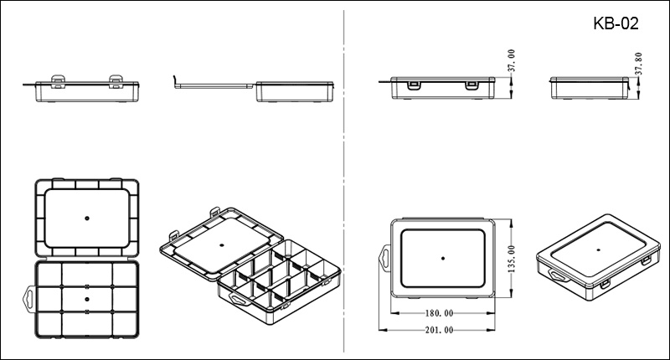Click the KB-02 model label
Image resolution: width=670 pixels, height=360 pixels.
click(x=616, y=23)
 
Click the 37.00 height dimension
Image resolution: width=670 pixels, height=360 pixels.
click(x=511, y=60)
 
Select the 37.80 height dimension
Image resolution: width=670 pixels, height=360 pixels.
click(x=638, y=64)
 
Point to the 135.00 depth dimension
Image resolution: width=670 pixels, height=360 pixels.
click(x=512, y=259)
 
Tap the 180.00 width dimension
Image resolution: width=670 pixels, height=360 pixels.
click(x=439, y=313)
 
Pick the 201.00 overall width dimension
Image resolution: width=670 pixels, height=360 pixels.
click(x=439, y=330)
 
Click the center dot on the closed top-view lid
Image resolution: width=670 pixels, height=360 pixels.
click(x=443, y=259)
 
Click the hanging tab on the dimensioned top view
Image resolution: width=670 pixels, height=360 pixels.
click(x=384, y=259)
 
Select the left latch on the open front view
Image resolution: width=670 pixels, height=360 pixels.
click(x=58, y=81)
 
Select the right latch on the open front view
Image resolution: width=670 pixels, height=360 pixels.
click(x=116, y=81)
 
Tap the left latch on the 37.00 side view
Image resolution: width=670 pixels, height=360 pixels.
click(x=413, y=85)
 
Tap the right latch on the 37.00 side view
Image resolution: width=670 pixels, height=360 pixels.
click(x=472, y=85)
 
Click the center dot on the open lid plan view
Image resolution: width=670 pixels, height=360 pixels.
click(x=87, y=219)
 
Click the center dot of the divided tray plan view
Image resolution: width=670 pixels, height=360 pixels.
click(x=87, y=299)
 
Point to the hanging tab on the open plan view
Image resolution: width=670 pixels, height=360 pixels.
click(x=28, y=299)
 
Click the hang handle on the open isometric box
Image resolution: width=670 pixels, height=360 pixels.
click(x=240, y=299)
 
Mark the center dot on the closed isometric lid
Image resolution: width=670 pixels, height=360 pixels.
click(x=598, y=249)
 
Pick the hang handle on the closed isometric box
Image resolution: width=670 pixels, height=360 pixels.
click(x=558, y=276)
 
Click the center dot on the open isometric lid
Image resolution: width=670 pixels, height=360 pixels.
click(x=221, y=245)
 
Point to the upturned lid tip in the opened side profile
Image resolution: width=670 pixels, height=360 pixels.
click(x=174, y=80)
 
